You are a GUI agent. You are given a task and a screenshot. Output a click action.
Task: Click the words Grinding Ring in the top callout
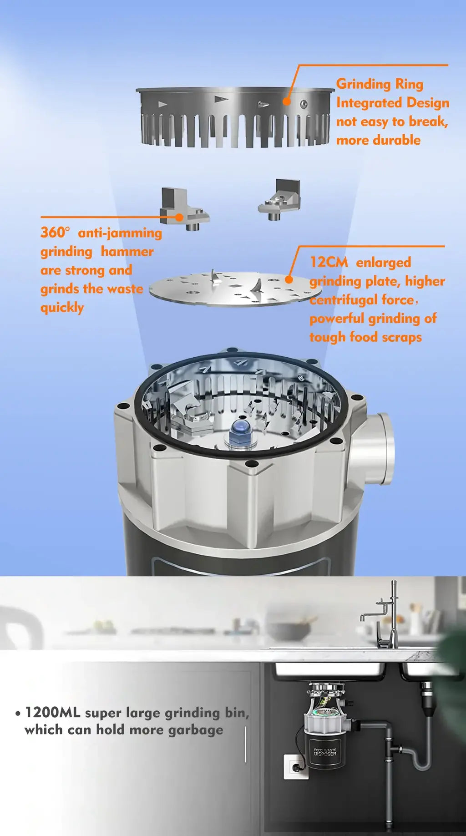click(x=380, y=84)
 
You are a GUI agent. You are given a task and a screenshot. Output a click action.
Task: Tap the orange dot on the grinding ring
click(x=287, y=101)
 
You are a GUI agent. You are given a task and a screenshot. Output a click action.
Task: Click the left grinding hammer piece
click(x=184, y=208)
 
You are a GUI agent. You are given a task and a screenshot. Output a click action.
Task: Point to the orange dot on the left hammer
click(x=179, y=218)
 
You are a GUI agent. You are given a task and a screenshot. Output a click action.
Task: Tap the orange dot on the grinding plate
click(x=289, y=280)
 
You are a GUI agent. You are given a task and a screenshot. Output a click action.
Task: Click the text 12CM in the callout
click(x=329, y=262)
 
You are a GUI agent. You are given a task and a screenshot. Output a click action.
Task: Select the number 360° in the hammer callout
click(x=55, y=232)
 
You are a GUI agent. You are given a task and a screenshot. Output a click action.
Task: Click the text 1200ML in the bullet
click(x=52, y=712)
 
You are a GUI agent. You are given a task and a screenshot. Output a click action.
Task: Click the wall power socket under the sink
click(x=296, y=766)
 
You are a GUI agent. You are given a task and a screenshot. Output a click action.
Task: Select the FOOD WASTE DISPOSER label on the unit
click(x=325, y=752)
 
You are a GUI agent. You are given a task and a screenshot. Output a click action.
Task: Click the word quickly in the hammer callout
click(x=62, y=308)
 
